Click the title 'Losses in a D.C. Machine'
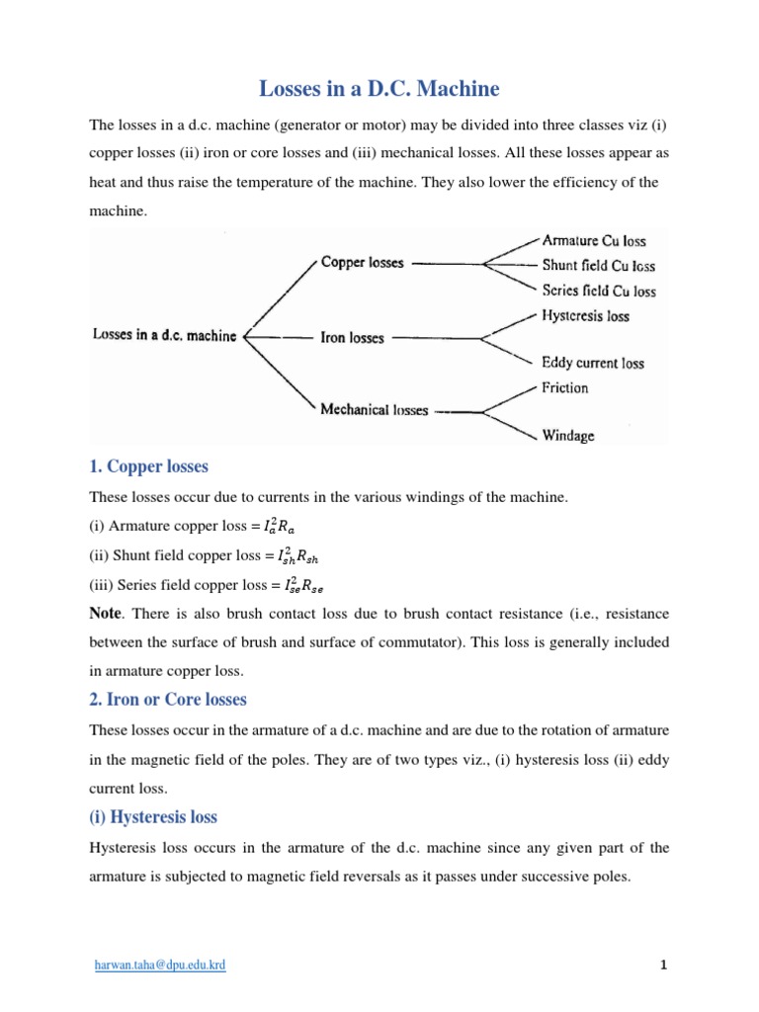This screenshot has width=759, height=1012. tap(379, 89)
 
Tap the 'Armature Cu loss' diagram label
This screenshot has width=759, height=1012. tap(595, 239)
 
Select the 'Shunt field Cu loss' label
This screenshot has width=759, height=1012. tap(598, 265)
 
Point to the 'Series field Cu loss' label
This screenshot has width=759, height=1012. tap(598, 291)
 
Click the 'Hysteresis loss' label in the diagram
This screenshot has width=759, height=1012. tap(585, 316)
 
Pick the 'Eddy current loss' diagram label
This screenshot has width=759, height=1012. tap(592, 363)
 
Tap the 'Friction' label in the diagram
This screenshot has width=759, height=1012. tap(564, 387)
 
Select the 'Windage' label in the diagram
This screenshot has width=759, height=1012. tap(567, 435)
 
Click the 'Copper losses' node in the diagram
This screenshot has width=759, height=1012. tap(362, 263)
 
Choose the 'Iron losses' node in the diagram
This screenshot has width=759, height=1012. tap(352, 338)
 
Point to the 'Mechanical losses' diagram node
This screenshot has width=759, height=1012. tap(374, 409)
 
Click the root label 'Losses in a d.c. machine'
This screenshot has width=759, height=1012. tap(164, 336)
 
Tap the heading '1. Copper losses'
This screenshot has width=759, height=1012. tap(148, 466)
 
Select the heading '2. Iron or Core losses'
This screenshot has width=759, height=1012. tap(168, 700)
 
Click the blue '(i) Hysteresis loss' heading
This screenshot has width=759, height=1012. tap(153, 817)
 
